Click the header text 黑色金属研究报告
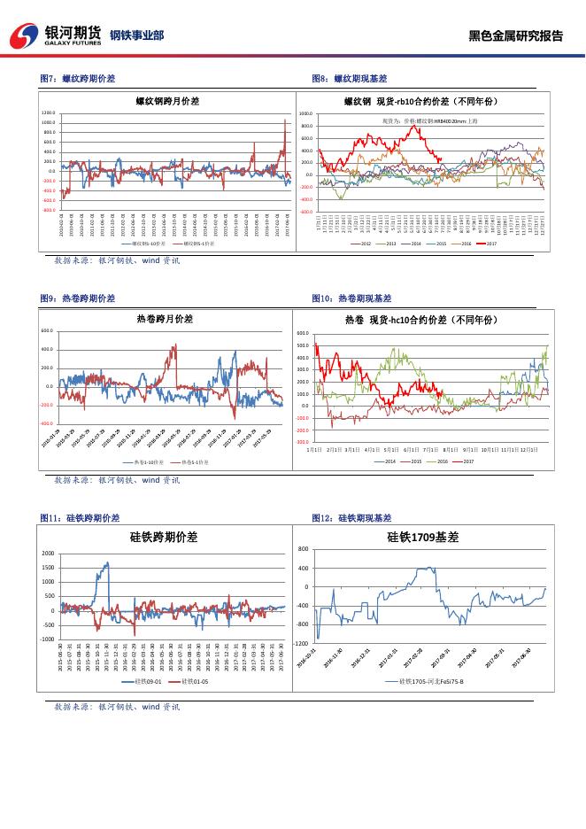[x=515, y=36]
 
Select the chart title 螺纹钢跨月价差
[x=166, y=100]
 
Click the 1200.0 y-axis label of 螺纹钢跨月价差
[x=49, y=113]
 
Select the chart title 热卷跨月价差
[x=165, y=318]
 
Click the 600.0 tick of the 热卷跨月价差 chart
[x=47, y=330]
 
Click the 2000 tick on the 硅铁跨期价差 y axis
[x=48, y=553]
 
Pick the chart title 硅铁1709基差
[x=423, y=537]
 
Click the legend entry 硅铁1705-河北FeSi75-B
[x=425, y=682]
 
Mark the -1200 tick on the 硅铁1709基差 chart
[x=302, y=643]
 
